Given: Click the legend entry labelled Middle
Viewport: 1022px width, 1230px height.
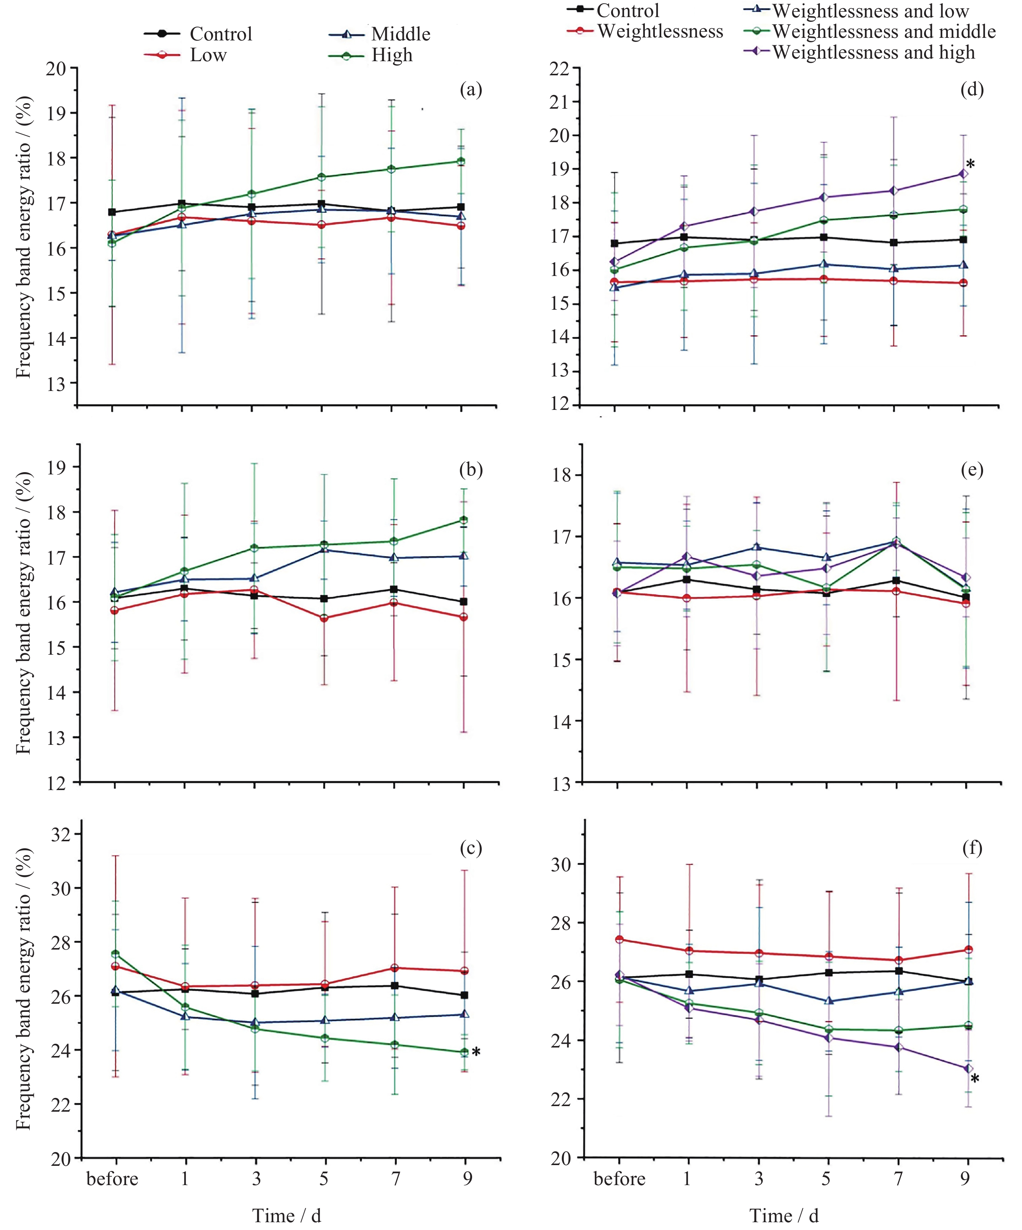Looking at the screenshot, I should [400, 34].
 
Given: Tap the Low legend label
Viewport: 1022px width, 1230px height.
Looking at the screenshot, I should [208, 55].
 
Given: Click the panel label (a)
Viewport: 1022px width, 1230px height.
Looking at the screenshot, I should [471, 90].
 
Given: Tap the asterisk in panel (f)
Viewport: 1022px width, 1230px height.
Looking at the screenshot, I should [975, 1079].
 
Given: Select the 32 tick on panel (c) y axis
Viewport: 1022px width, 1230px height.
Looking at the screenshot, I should [60, 834].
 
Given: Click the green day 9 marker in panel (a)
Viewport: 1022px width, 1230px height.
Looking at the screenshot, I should [461, 161].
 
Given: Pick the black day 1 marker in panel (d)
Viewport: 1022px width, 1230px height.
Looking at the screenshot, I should [684, 237].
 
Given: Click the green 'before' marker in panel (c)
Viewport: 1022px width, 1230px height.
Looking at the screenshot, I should [115, 954].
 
